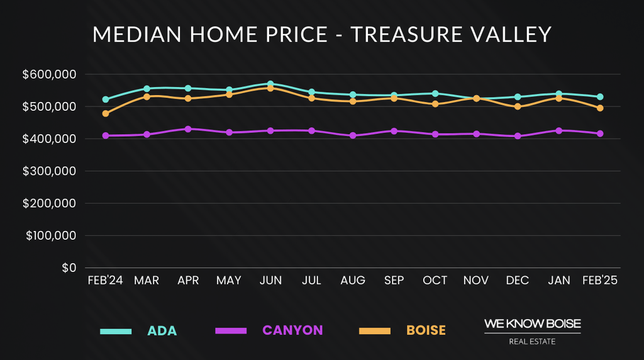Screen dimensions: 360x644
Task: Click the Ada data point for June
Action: point(270,84)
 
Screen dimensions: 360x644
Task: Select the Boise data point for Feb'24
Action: point(106,114)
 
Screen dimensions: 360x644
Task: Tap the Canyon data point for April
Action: point(188,129)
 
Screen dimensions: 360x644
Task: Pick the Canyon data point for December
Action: point(518,136)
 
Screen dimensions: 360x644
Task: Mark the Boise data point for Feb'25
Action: point(600,108)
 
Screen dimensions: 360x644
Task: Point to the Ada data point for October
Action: point(435,94)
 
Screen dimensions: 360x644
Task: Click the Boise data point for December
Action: point(518,107)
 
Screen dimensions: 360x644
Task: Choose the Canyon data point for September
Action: point(394,131)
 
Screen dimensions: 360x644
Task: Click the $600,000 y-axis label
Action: point(49,74)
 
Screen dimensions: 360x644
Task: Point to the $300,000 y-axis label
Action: point(49,171)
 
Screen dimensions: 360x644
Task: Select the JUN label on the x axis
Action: point(270,281)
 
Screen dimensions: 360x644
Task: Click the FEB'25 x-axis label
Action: point(600,281)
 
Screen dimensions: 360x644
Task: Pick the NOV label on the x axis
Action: point(476,281)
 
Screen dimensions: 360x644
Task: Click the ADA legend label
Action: point(162,330)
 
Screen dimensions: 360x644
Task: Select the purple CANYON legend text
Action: point(292,330)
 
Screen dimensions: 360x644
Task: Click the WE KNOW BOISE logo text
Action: point(532,323)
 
